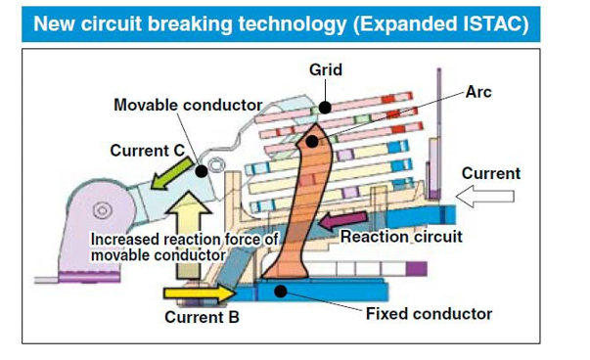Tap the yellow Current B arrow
click(x=199, y=292)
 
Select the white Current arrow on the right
click(x=486, y=198)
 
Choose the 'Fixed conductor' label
click(x=429, y=314)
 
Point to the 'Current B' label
click(x=202, y=317)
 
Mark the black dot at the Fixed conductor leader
click(x=282, y=290)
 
